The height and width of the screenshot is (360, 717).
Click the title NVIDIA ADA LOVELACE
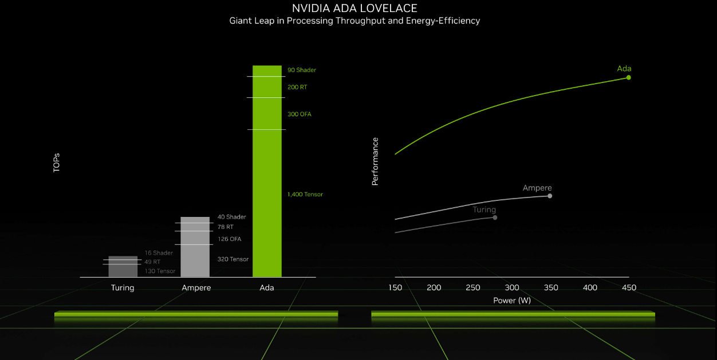[354, 8]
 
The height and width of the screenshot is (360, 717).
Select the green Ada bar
[267, 172]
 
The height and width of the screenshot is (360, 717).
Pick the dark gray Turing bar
[123, 267]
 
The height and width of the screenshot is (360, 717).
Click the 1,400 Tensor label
[305, 195]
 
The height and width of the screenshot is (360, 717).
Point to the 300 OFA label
[300, 114]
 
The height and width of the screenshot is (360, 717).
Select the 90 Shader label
[302, 70]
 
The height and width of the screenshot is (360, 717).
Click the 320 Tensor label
[233, 259]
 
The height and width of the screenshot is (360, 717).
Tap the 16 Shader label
[159, 253]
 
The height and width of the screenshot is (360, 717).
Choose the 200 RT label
[297, 88]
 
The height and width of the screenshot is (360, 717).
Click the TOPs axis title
[56, 163]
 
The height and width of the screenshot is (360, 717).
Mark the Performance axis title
[375, 161]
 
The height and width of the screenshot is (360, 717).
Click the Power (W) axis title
[512, 300]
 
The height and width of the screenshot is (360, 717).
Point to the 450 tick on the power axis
[629, 288]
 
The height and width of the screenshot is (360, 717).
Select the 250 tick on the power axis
[473, 288]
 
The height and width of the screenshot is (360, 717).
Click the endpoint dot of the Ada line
[628, 77]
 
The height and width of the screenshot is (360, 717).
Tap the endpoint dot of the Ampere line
[550, 196]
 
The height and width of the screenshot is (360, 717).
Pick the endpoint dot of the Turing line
[495, 217]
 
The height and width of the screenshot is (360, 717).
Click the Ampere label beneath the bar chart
[196, 288]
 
